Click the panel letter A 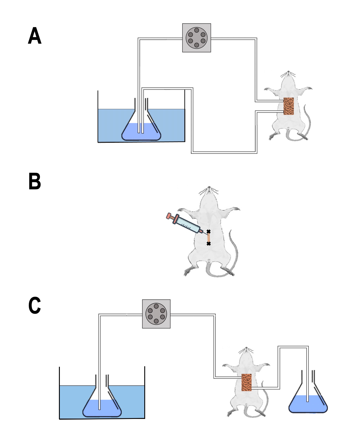[35, 36]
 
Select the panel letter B [35, 181]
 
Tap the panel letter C [35, 305]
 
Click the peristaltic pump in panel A [196, 38]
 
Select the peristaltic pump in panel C [156, 314]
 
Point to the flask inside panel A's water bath [141, 129]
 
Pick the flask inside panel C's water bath [102, 405]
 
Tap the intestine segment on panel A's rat [288, 106]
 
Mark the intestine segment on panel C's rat [246, 382]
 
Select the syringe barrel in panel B [187, 225]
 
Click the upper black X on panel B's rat [208, 232]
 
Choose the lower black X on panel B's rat [209, 244]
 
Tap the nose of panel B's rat [209, 187]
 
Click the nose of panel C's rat [246, 349]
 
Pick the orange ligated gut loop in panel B [209, 238]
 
